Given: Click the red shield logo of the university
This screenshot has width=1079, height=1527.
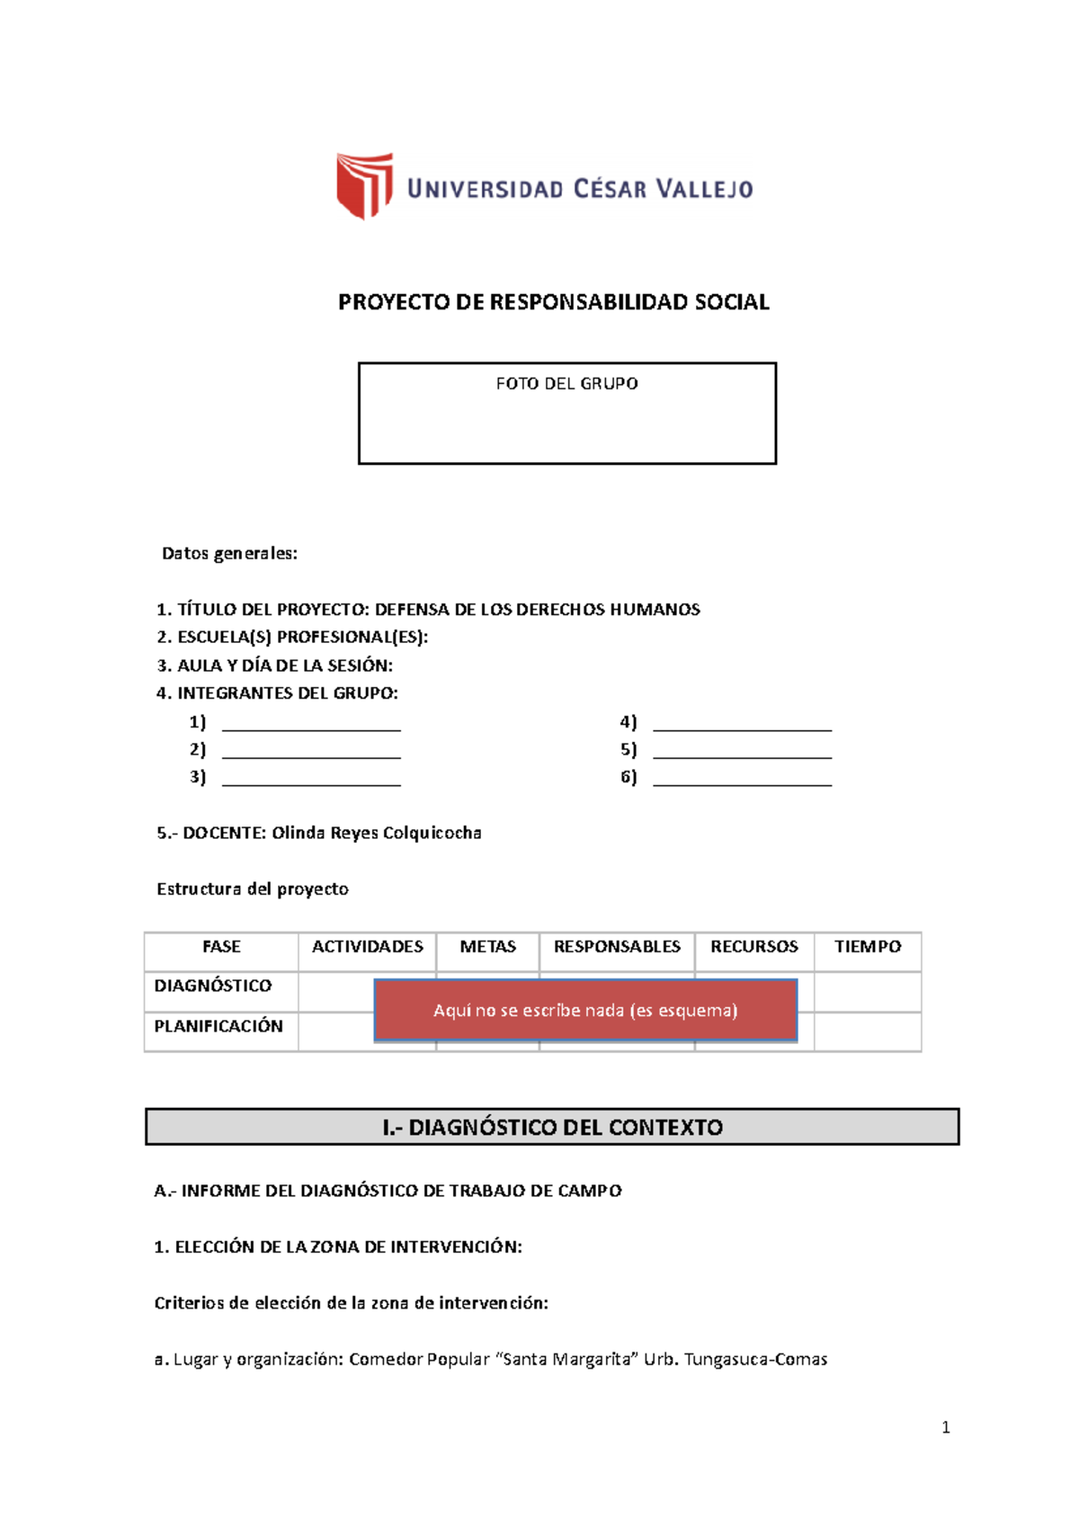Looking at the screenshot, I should (364, 185).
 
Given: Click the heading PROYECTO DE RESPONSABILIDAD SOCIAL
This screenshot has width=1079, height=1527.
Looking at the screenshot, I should (553, 302).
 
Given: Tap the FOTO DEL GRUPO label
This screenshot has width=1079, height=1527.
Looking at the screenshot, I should (566, 384).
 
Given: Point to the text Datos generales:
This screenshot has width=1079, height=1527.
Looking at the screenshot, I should (229, 554).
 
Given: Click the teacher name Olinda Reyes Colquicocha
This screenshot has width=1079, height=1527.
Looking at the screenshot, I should (376, 834).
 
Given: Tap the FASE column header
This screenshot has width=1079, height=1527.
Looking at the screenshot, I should (221, 947).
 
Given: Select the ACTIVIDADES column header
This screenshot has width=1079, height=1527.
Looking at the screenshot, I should (367, 947).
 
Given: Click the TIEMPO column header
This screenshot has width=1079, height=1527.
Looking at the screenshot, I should (867, 947).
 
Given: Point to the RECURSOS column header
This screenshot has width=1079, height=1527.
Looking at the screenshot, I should (754, 947).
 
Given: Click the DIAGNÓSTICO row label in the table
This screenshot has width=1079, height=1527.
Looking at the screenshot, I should (212, 987).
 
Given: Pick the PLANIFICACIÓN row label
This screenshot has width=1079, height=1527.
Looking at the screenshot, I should (218, 1027).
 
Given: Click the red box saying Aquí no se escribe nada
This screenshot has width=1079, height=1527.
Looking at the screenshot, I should (585, 1011).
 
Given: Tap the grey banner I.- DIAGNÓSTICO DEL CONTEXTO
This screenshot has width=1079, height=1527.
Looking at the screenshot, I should (552, 1127).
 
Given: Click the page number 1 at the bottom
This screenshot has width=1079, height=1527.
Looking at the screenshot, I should (945, 1427).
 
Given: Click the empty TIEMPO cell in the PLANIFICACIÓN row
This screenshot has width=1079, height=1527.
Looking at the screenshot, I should (867, 1031).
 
